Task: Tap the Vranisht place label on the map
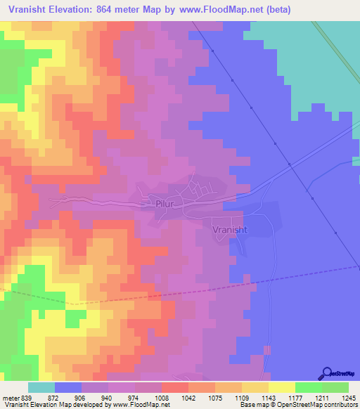(x=229, y=228)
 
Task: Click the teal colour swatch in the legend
(x=41, y=387)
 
